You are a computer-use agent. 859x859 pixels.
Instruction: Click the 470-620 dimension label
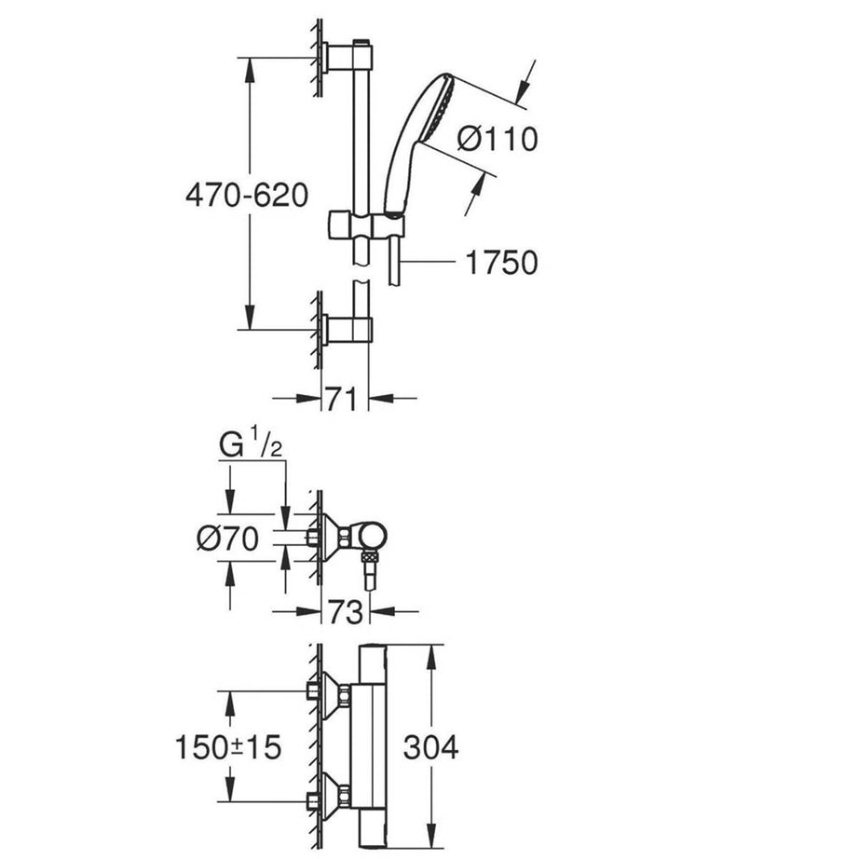click(x=246, y=196)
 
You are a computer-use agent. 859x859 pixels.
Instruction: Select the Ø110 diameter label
click(x=498, y=140)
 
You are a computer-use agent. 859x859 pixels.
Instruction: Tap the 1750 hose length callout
click(x=501, y=263)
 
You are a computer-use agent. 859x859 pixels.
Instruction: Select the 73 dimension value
click(x=346, y=612)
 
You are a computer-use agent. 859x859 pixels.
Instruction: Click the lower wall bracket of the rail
click(x=346, y=329)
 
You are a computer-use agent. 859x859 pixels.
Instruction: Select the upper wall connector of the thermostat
click(x=332, y=694)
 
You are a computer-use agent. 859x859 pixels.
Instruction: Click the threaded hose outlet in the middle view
click(x=371, y=564)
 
